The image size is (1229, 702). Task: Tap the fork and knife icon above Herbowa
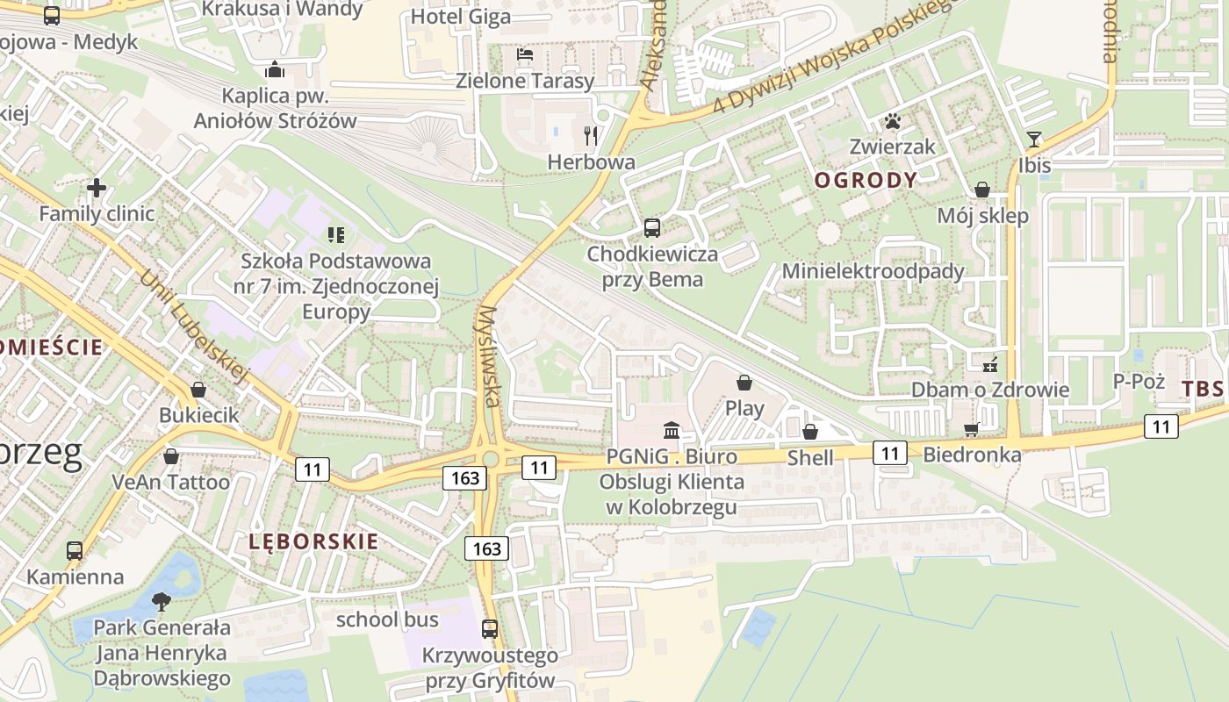coord(591,135)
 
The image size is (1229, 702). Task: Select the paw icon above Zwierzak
coord(894,121)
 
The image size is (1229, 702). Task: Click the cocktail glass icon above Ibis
coord(1034,140)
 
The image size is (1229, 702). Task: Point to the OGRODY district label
coord(866,181)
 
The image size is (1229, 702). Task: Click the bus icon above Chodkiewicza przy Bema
coord(652,228)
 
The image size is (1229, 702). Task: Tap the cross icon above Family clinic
coord(97,187)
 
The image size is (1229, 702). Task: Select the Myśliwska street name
coord(490,356)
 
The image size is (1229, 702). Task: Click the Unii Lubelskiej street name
coord(195,326)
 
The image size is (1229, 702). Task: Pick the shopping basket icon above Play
coord(744,383)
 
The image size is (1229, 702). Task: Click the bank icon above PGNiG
coord(672,430)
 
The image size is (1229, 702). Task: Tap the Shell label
coord(809,457)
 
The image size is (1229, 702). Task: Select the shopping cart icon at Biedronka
coord(971,429)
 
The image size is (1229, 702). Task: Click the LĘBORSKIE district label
coord(314,541)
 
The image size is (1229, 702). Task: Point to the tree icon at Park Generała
coord(161,601)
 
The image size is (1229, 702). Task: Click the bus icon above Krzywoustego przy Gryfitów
coord(490,629)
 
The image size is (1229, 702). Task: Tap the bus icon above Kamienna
coord(75,551)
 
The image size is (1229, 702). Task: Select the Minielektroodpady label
coord(873,271)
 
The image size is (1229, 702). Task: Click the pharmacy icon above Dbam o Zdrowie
coord(990,363)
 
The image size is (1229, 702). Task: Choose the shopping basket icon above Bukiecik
coord(198,389)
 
